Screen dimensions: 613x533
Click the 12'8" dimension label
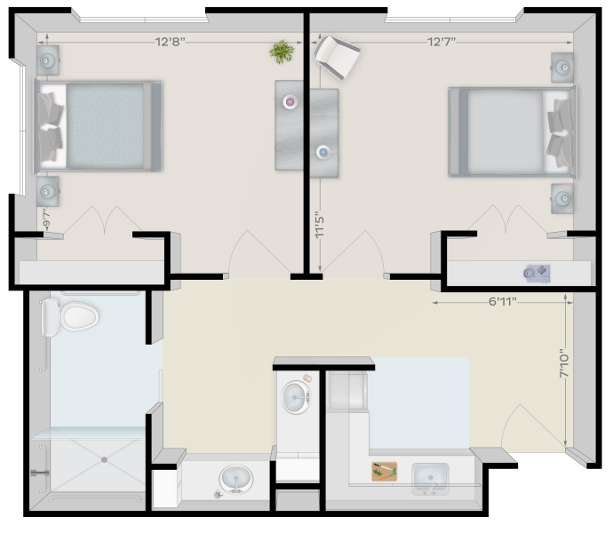[x=170, y=42]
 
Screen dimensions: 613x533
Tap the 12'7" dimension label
[x=442, y=42]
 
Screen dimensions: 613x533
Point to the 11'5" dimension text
[x=320, y=226]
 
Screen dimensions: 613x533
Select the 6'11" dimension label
[x=502, y=301]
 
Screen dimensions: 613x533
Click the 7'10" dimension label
[x=564, y=363]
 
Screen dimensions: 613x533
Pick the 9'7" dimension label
[x=46, y=219]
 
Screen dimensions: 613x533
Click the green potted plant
[x=282, y=52]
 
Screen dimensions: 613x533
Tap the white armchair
[x=336, y=57]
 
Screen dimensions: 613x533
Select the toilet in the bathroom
[x=69, y=317]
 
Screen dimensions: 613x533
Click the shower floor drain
[x=104, y=460]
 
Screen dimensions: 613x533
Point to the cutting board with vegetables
[x=385, y=471]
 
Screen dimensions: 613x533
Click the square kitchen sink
[x=430, y=479]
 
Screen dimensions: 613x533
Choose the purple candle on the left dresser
[x=290, y=102]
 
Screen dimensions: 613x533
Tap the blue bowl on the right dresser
[x=322, y=152]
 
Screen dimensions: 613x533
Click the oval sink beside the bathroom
[x=235, y=479]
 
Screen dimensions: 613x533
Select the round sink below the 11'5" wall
[x=297, y=397]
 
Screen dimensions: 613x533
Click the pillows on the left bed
[x=50, y=127]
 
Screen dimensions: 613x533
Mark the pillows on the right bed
[x=560, y=132]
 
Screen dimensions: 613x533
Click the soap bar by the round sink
[x=307, y=378]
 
